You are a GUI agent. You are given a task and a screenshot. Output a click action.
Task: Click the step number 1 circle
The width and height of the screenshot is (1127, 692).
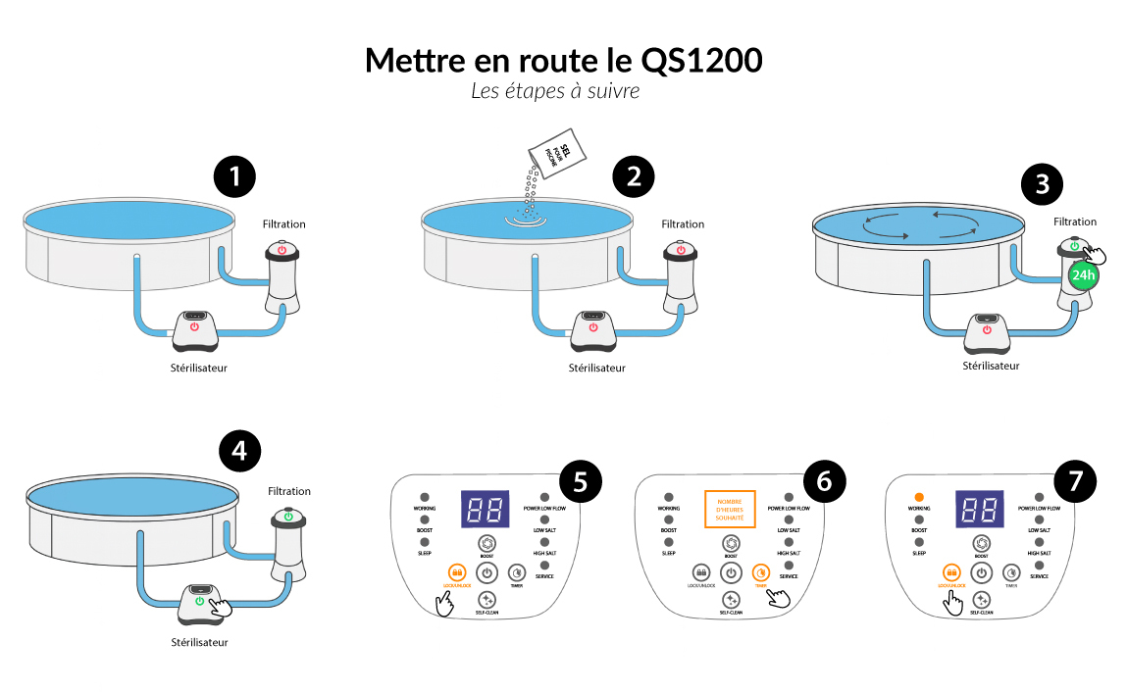click(x=234, y=177)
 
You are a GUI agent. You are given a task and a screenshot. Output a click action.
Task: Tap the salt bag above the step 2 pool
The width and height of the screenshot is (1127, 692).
click(x=556, y=153)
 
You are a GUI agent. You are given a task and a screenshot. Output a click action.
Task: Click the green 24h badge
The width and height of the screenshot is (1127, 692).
click(x=1083, y=275)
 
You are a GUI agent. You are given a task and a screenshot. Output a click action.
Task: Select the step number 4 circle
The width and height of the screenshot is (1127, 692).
click(x=240, y=452)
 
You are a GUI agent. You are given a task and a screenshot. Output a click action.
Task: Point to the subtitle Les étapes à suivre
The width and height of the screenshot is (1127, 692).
click(x=555, y=91)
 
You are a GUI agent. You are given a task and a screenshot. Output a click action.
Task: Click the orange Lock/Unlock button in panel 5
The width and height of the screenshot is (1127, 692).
click(x=456, y=572)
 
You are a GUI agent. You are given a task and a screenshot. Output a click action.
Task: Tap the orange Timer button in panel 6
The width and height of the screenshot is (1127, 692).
click(x=760, y=572)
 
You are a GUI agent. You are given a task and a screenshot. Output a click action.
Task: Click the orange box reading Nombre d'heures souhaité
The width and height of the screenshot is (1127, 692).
click(x=730, y=510)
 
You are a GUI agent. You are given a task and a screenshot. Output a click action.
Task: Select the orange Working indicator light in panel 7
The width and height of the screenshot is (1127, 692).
click(x=919, y=497)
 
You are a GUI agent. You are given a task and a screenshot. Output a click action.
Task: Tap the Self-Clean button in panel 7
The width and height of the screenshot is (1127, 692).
click(x=980, y=599)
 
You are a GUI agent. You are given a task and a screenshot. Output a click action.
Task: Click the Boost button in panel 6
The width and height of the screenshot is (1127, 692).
click(x=731, y=543)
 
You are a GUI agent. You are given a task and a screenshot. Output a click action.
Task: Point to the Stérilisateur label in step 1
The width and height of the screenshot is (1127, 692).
click(x=199, y=369)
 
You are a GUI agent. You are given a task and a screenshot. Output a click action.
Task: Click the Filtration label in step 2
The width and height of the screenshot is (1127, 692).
click(x=683, y=224)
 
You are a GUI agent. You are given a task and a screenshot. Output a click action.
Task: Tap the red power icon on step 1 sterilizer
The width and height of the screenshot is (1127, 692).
click(x=194, y=326)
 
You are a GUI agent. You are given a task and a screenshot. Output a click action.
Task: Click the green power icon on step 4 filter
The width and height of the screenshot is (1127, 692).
click(x=288, y=516)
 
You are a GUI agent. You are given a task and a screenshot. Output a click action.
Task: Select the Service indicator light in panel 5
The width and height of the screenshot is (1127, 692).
click(x=544, y=566)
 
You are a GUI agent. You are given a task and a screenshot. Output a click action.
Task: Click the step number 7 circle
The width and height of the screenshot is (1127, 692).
click(x=1074, y=480)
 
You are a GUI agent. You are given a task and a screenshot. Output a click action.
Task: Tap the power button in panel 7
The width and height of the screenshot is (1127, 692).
click(x=980, y=572)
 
